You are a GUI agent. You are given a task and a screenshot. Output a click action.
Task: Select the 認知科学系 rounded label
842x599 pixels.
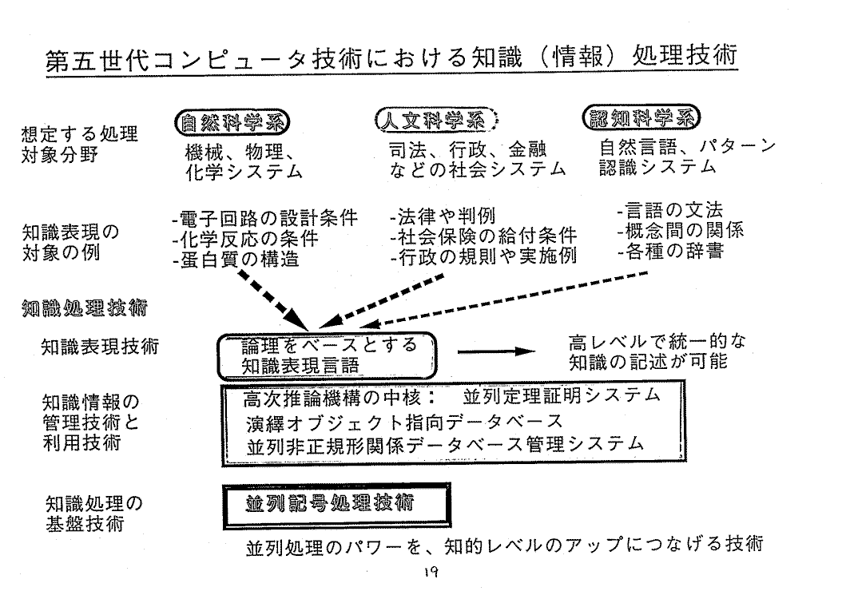pos(642,117)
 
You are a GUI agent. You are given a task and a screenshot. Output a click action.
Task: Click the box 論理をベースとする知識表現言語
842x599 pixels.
pos(328,355)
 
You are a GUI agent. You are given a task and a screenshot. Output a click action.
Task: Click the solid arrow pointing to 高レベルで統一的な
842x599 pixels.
pos(495,351)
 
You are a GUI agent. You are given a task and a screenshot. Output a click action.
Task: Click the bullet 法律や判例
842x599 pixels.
pos(443,216)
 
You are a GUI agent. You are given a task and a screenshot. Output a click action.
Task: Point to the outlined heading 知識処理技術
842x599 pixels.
pos(79,307)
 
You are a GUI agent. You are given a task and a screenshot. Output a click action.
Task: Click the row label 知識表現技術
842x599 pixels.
pos(100,347)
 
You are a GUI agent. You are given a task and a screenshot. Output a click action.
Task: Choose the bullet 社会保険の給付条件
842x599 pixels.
pos(483,236)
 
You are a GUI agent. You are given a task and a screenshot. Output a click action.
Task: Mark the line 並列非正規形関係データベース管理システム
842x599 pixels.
pos(446,443)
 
